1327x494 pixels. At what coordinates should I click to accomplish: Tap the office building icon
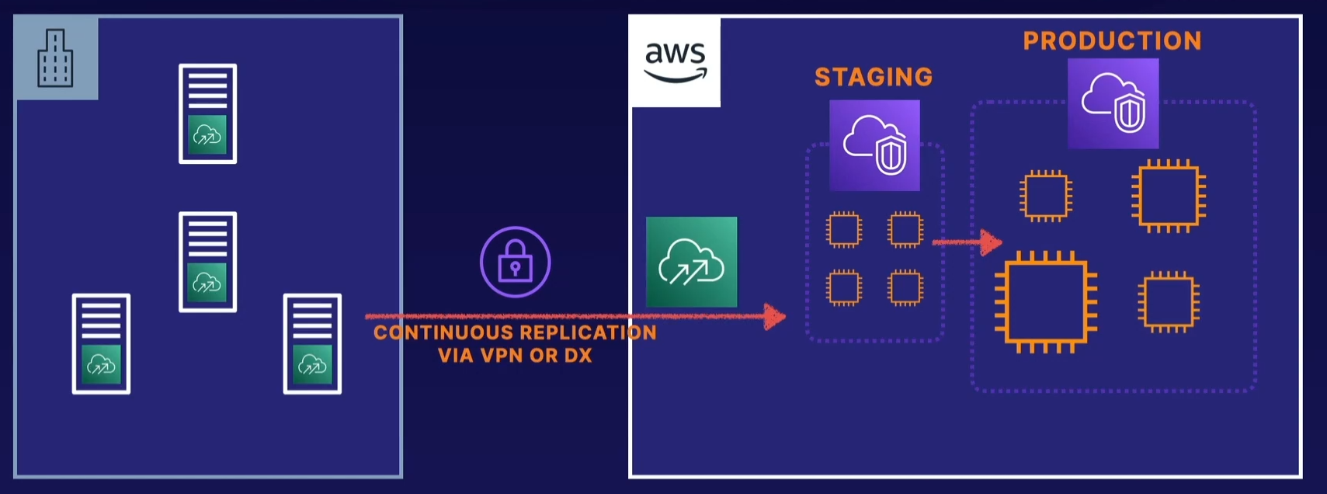pyautogui.click(x=55, y=58)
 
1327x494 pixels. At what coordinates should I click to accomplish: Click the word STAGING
pyautogui.click(x=874, y=77)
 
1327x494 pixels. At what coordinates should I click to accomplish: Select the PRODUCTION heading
pyautogui.click(x=1112, y=40)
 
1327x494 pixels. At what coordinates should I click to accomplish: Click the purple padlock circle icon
pyautogui.click(x=515, y=263)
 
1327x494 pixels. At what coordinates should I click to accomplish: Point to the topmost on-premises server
pyautogui.click(x=207, y=113)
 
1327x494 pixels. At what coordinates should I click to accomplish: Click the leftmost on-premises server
pyautogui.click(x=101, y=343)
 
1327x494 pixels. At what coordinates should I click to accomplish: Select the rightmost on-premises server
pyautogui.click(x=312, y=343)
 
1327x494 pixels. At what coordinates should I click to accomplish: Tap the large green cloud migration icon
pyautogui.click(x=691, y=262)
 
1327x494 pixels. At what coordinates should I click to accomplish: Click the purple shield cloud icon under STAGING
pyautogui.click(x=874, y=145)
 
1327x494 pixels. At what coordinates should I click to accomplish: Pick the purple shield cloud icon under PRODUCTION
pyautogui.click(x=1113, y=103)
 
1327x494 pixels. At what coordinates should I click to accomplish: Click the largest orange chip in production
pyautogui.click(x=1045, y=301)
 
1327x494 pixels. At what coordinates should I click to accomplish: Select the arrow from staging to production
pyautogui.click(x=967, y=242)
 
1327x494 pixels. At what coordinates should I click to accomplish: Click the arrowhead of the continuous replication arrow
pyautogui.click(x=774, y=316)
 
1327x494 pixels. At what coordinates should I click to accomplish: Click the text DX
pyautogui.click(x=578, y=356)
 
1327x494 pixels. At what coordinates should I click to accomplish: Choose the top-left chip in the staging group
pyautogui.click(x=844, y=229)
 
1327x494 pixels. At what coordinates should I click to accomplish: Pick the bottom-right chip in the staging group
pyautogui.click(x=905, y=287)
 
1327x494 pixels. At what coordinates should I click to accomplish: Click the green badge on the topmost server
pyautogui.click(x=207, y=134)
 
